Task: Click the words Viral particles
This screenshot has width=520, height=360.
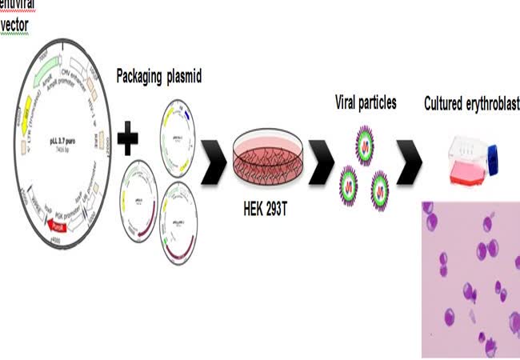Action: coord(366,103)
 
